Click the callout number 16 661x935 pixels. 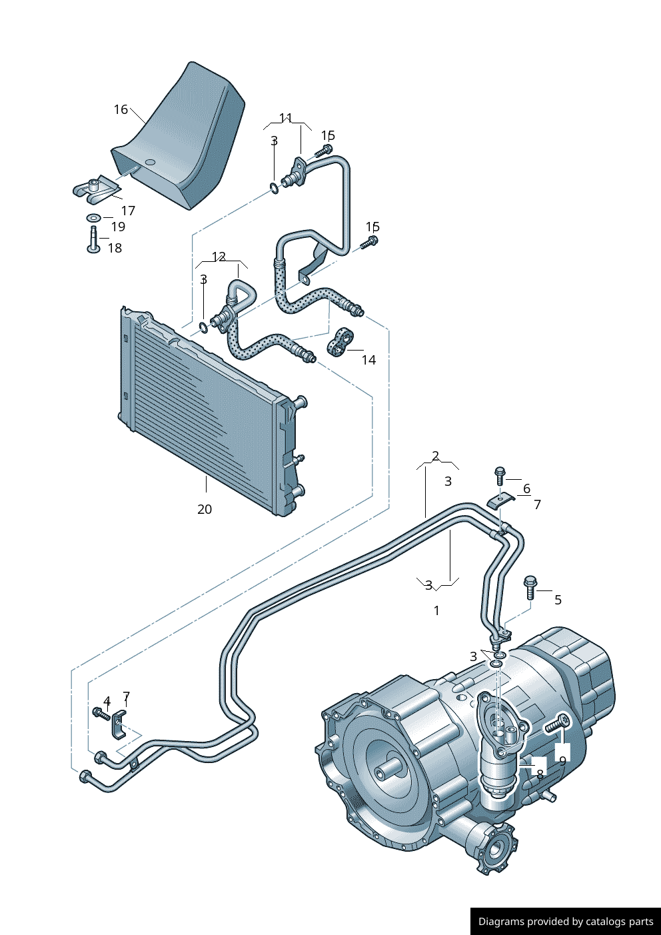[121, 109]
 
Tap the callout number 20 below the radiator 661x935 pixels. [205, 509]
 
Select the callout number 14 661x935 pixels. [368, 360]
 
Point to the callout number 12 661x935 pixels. [219, 257]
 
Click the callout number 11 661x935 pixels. [286, 118]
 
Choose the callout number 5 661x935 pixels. [558, 600]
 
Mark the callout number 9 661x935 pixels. [562, 760]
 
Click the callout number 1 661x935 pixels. [436, 610]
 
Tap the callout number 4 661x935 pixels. [107, 701]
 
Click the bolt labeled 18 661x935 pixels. [93, 240]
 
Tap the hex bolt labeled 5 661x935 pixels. [530, 586]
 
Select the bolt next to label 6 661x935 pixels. [500, 475]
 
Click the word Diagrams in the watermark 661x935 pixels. [500, 922]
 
